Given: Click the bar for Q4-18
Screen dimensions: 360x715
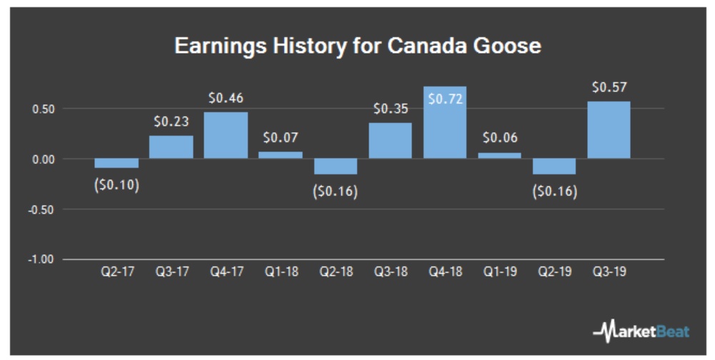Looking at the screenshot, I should pyautogui.click(x=445, y=122).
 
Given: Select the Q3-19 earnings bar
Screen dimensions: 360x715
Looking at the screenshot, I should pyautogui.click(x=609, y=130).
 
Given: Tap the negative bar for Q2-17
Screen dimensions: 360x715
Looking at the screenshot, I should pyautogui.click(x=116, y=163).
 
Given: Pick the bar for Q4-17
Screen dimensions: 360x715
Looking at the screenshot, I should pyautogui.click(x=226, y=135).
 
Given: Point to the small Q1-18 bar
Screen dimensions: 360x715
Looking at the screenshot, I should pyautogui.click(x=281, y=154).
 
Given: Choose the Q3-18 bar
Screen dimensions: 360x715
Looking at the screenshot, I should pyautogui.click(x=390, y=141).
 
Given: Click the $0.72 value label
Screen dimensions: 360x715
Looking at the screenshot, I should pyautogui.click(x=445, y=99).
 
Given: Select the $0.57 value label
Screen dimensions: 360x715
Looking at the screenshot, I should pyautogui.click(x=609, y=87).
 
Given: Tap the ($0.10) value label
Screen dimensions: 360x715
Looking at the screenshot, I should pyautogui.click(x=116, y=185).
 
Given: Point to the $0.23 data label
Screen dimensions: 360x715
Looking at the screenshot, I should pyautogui.click(x=171, y=121).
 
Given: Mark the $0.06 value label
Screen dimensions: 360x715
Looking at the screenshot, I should pyautogui.click(x=499, y=138).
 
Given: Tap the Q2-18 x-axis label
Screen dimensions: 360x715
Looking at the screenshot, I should pyautogui.click(x=335, y=271).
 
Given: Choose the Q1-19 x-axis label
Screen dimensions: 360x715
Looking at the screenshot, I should pyautogui.click(x=499, y=271).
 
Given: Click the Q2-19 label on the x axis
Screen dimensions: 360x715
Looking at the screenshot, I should pyautogui.click(x=554, y=271).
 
